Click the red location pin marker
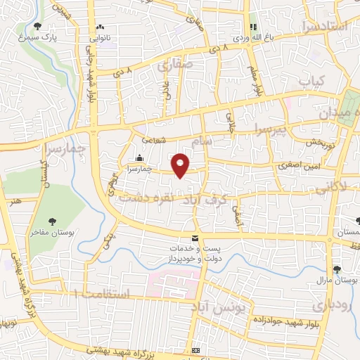[181, 165]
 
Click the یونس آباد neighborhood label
[220, 309]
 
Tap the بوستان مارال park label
[339, 279]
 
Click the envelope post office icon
[195, 238]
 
